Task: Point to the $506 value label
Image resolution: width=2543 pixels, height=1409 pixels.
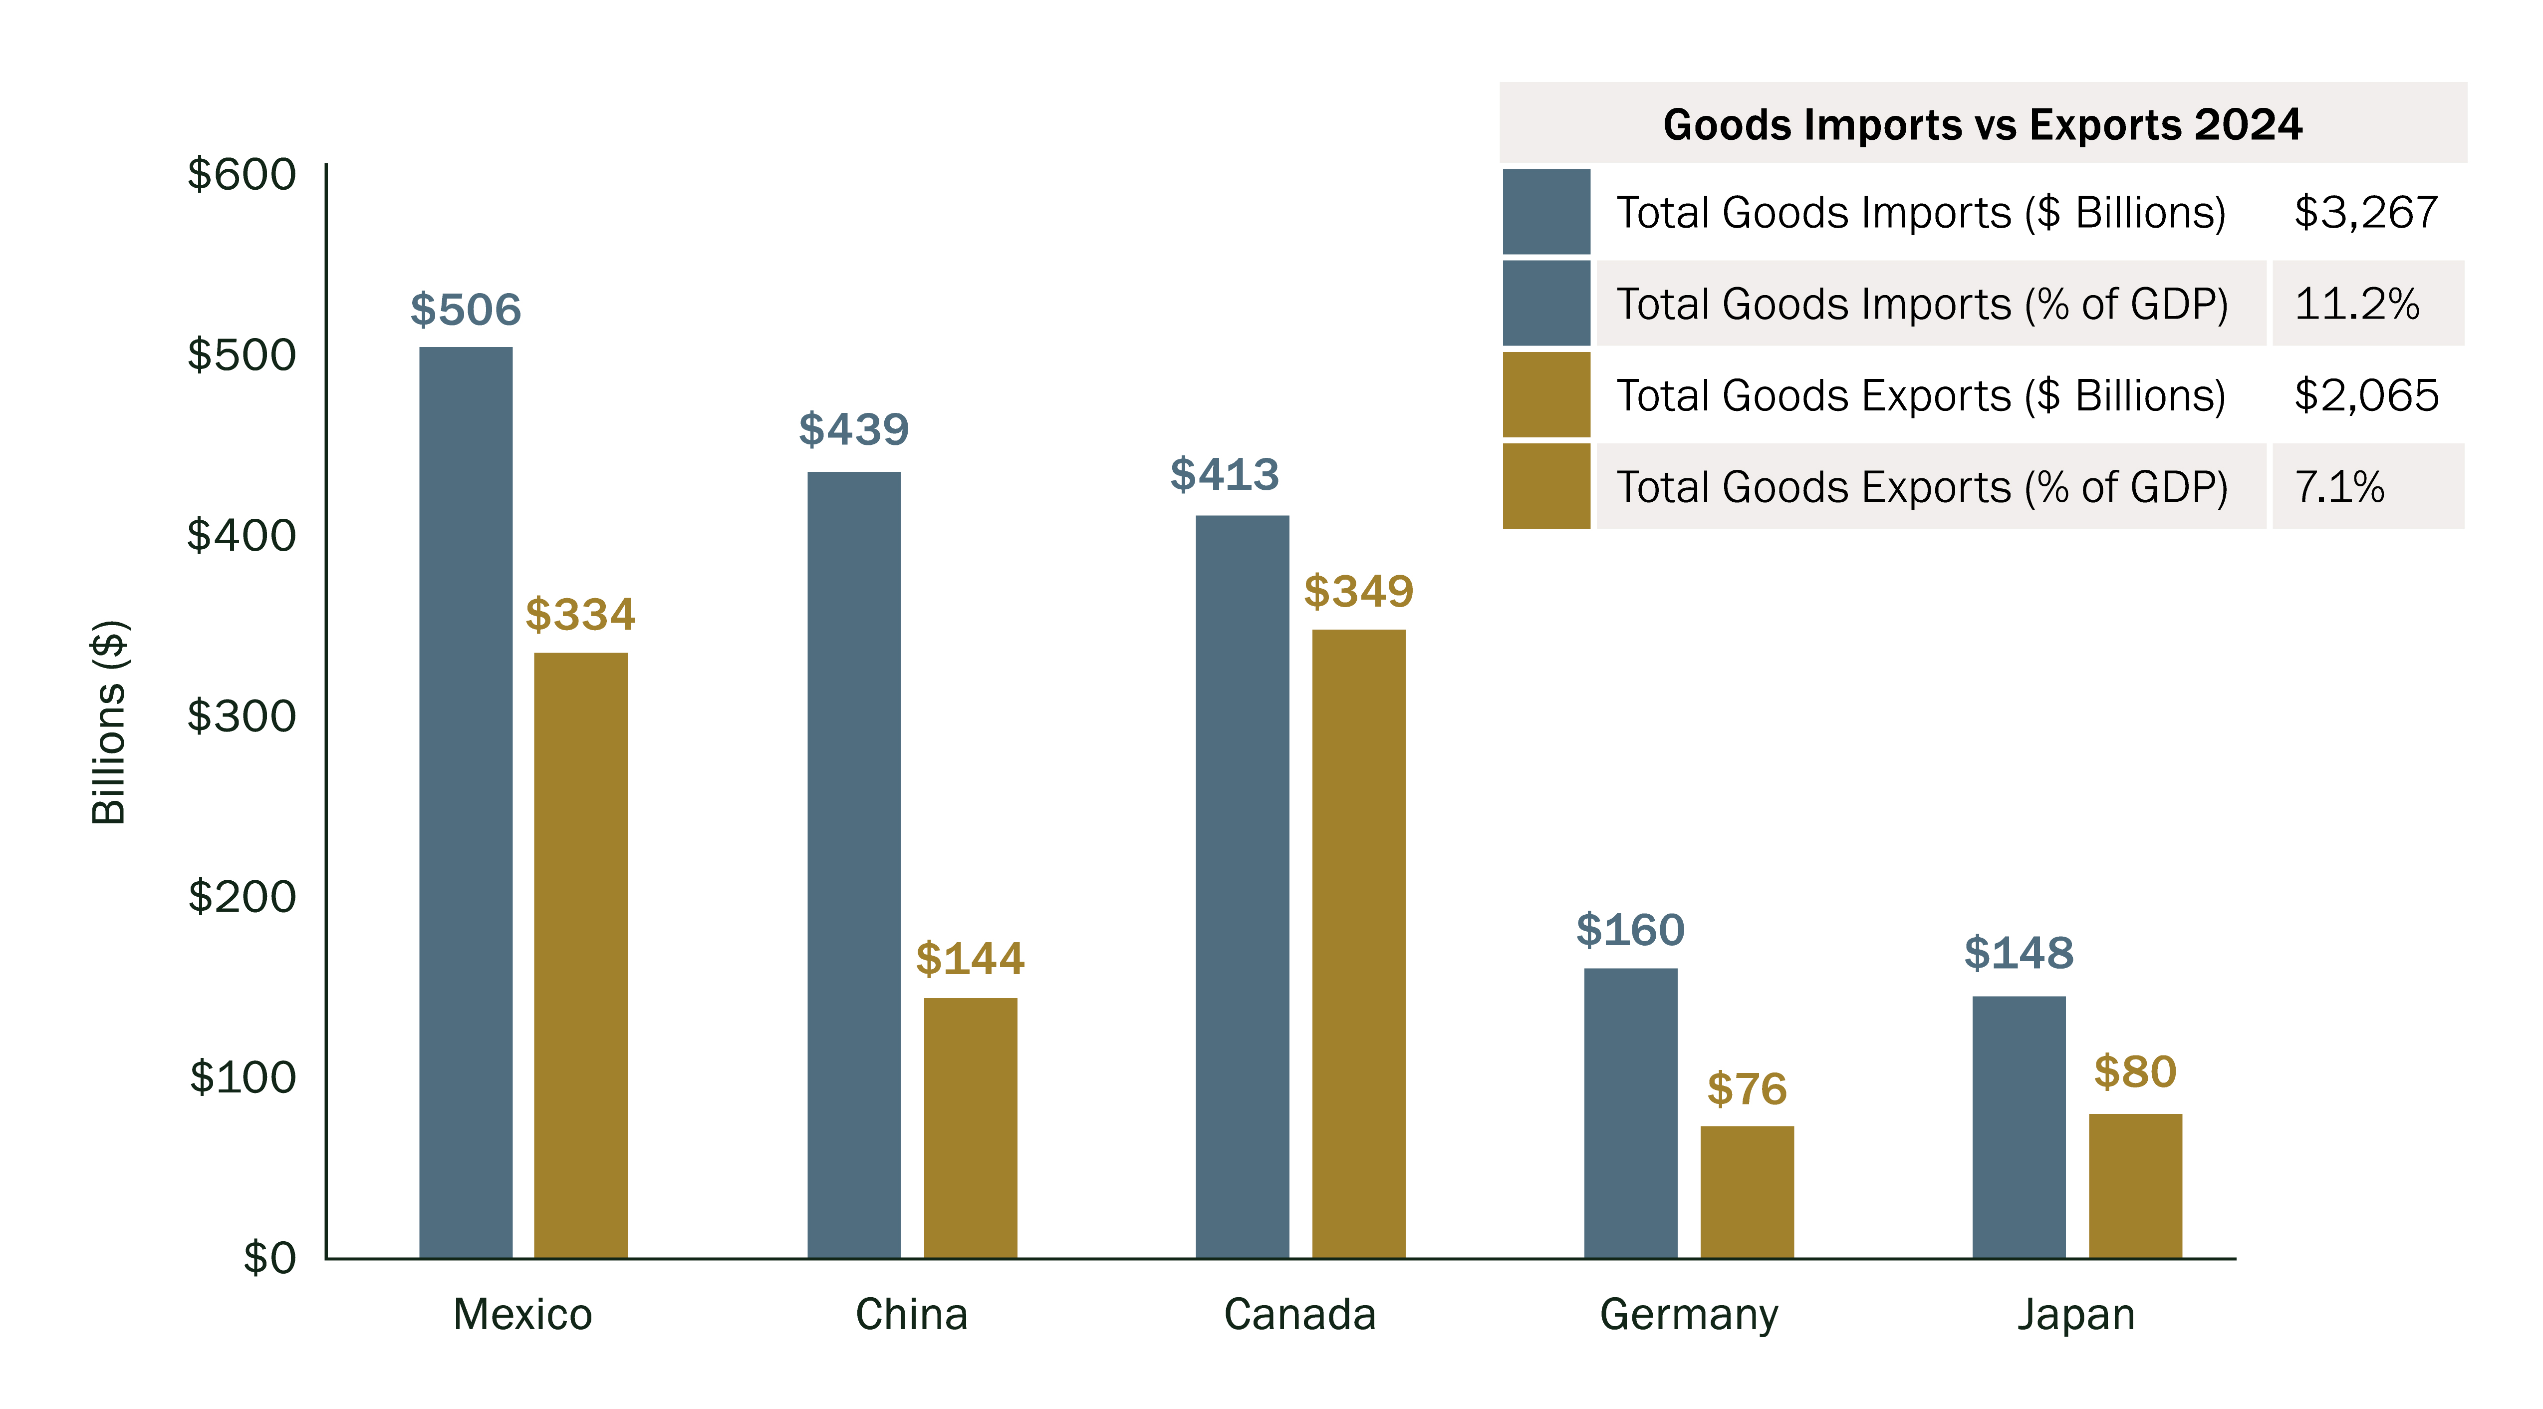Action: (465, 310)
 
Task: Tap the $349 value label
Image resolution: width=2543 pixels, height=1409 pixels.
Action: (1358, 592)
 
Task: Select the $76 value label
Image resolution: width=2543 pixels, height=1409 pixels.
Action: (1747, 1089)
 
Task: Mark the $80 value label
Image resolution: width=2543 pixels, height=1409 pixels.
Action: (2134, 1072)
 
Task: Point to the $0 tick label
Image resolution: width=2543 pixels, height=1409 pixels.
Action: (268, 1258)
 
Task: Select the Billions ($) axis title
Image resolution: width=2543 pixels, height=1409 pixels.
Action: (109, 723)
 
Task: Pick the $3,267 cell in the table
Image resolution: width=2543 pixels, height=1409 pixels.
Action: (2365, 212)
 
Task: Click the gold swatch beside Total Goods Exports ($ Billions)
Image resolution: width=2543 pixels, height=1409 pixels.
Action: (1546, 395)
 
